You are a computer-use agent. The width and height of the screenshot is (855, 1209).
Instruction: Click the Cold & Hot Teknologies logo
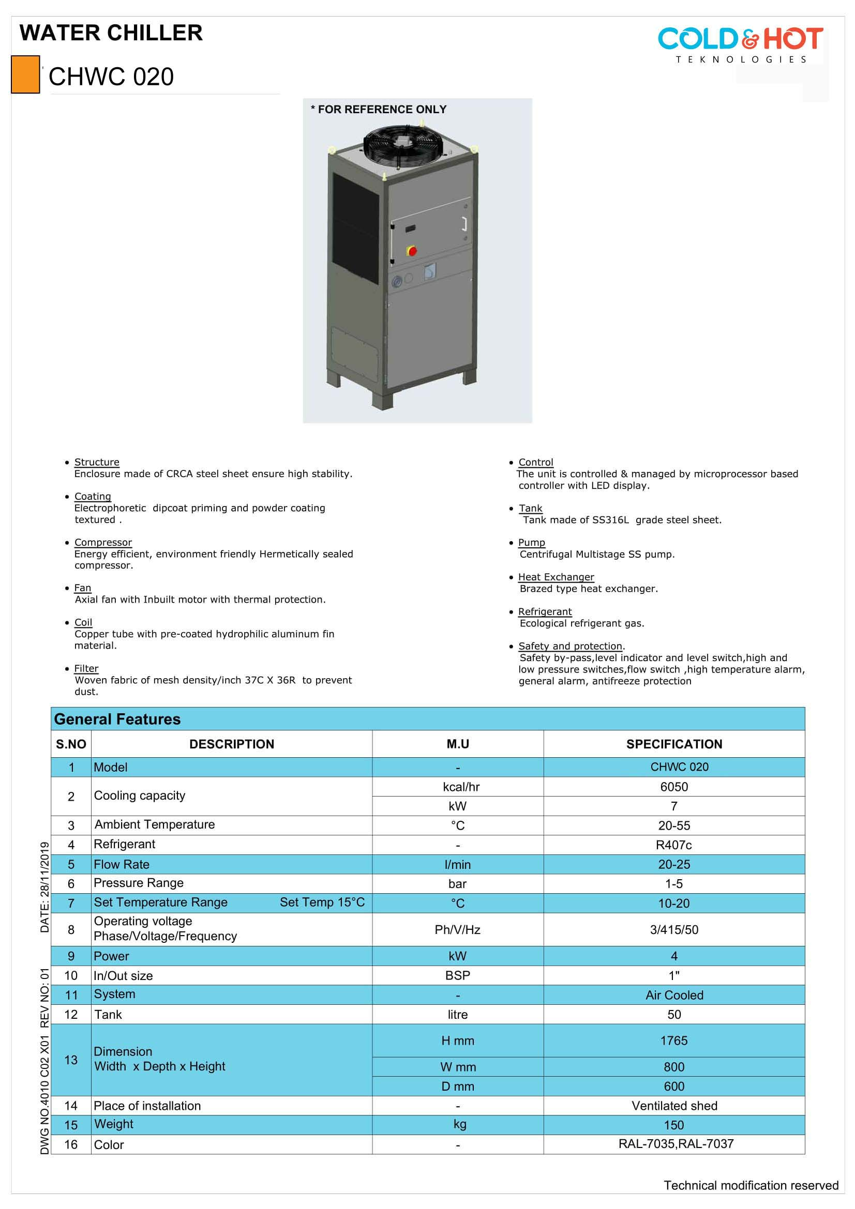tap(740, 45)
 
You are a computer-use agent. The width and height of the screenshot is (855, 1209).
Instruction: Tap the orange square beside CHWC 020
tap(25, 74)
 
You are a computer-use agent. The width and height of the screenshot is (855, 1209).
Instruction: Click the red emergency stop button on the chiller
tap(412, 251)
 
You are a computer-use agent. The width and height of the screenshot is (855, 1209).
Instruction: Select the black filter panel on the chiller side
tap(355, 228)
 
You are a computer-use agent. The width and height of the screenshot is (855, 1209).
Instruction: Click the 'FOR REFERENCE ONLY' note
tap(379, 110)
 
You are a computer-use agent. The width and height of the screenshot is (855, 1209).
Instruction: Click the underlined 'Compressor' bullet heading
tap(103, 542)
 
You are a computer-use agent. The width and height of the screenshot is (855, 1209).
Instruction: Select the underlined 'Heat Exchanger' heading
tap(556, 577)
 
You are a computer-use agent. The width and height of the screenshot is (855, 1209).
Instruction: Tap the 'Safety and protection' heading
tap(570, 646)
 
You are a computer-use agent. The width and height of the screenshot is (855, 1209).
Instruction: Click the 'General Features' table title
tap(117, 720)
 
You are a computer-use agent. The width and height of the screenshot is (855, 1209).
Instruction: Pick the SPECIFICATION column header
tap(674, 744)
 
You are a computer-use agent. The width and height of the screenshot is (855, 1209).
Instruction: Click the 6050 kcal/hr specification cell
tap(674, 787)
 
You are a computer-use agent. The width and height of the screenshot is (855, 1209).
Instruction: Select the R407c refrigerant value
tap(674, 845)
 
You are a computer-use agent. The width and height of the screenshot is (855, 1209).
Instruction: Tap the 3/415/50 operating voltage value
tap(674, 929)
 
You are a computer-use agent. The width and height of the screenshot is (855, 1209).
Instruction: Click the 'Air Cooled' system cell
tap(674, 995)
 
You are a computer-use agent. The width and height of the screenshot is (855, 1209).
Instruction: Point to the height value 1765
tap(674, 1040)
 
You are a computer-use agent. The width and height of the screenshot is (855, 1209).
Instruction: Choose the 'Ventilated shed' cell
tap(674, 1106)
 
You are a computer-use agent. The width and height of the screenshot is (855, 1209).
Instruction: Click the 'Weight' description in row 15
tap(114, 1124)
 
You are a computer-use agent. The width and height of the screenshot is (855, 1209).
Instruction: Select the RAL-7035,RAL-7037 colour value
tap(676, 1144)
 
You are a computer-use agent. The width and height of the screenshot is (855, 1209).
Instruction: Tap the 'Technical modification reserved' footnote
tap(751, 1185)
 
